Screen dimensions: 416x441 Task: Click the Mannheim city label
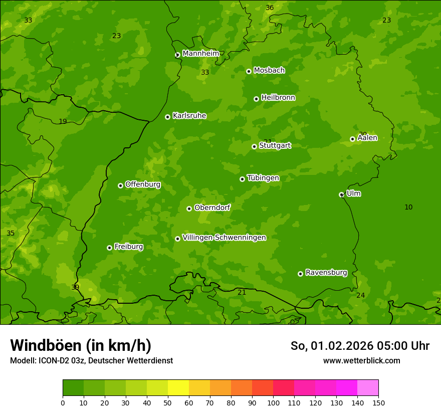pyautogui.click(x=200, y=53)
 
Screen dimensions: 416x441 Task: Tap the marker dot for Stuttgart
pyautogui.click(x=254, y=146)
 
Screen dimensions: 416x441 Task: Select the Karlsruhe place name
pyautogui.click(x=189, y=116)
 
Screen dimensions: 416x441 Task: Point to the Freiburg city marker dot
pyautogui.click(x=109, y=248)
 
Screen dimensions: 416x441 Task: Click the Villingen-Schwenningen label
pyautogui.click(x=224, y=238)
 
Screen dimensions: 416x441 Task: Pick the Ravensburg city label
pyautogui.click(x=326, y=273)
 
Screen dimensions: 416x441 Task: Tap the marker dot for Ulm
pyautogui.click(x=341, y=194)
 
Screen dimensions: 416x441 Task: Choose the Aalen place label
pyautogui.click(x=367, y=138)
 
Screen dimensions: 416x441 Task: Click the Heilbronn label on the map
pyautogui.click(x=278, y=98)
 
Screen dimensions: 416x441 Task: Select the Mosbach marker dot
pyautogui.click(x=249, y=71)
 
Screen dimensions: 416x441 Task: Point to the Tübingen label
pyautogui.click(x=263, y=178)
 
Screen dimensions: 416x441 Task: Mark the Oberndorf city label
pyautogui.click(x=212, y=207)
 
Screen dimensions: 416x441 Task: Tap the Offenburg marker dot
pyautogui.click(x=120, y=185)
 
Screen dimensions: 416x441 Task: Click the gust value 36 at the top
pyautogui.click(x=270, y=8)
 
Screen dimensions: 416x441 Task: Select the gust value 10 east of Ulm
pyautogui.click(x=408, y=207)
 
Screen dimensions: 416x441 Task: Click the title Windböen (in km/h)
pyautogui.click(x=81, y=345)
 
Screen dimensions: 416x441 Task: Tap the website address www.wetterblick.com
pyautogui.click(x=361, y=360)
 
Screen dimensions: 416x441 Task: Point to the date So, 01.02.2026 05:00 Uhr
pyautogui.click(x=360, y=346)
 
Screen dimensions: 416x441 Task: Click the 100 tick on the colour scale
pyautogui.click(x=273, y=402)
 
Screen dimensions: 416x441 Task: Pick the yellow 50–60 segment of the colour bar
pyautogui.click(x=178, y=387)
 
